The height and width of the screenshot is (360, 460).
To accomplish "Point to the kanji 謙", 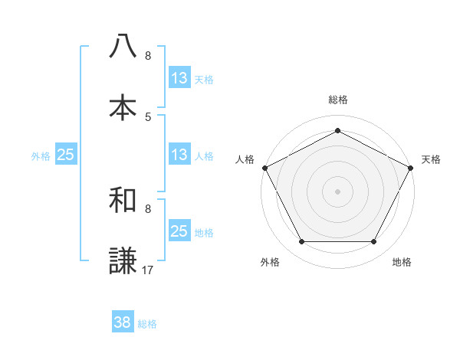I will point(123,261).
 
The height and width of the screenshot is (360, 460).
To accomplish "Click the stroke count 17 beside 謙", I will point(148,270).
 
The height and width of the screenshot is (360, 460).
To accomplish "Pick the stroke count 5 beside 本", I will point(148,116).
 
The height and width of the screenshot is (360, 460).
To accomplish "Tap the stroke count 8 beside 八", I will point(148,55).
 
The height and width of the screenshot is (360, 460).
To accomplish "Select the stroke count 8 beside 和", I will point(148,208).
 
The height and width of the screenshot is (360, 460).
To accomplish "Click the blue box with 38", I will point(123,322).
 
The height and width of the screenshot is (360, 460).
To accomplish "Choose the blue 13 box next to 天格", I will point(179,78).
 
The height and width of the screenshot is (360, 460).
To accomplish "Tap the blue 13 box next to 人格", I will point(179,155).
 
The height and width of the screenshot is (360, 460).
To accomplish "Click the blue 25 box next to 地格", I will point(179,231).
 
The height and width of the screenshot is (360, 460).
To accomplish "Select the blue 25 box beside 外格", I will point(65,155).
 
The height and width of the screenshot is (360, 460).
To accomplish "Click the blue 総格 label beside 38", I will point(147,324).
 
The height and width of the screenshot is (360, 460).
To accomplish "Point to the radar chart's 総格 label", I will point(337,100).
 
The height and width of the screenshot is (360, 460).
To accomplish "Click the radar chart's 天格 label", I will point(431,159).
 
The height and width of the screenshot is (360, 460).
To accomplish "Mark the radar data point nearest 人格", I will point(264,168).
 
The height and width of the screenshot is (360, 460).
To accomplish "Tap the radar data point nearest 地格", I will point(374,242).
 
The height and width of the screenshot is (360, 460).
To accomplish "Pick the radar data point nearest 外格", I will point(301,242).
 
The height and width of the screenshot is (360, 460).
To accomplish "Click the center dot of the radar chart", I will point(337,191).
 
